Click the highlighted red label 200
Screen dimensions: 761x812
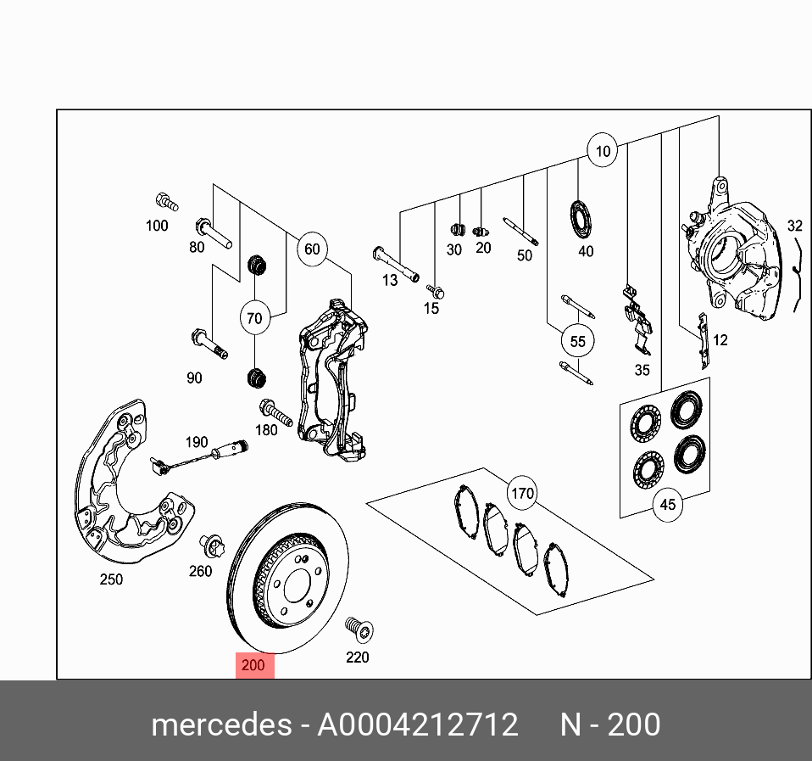point(253,665)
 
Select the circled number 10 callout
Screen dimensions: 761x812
point(602,152)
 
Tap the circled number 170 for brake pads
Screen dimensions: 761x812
point(522,492)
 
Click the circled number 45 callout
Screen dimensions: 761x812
point(668,504)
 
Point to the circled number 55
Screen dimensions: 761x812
point(577,341)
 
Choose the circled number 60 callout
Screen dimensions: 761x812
point(312,249)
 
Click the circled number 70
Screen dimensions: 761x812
point(254,319)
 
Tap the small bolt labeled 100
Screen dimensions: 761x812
point(166,203)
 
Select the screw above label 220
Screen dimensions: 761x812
point(359,630)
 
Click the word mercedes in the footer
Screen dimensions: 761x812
point(220,725)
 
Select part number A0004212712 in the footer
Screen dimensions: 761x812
point(417,725)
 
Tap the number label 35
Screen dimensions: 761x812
point(642,370)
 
